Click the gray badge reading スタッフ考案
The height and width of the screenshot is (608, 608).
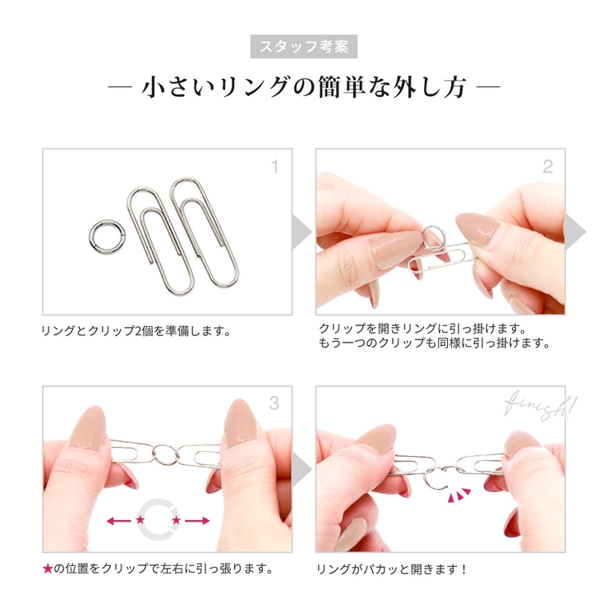pos(304,46)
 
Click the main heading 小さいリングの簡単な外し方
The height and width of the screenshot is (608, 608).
pos(304,87)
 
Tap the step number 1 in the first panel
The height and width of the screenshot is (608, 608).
pos(274,168)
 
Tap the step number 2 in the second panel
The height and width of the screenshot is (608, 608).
pos(547,168)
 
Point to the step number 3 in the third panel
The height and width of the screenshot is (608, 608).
pos(274,403)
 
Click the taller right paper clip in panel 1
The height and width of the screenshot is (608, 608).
pos(203,232)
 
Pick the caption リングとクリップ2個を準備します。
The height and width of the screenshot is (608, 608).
pos(136,332)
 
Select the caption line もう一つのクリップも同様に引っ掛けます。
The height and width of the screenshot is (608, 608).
pos(434,343)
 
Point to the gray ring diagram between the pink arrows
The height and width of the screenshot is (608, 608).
pos(159,520)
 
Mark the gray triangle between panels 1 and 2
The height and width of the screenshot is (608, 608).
pos(302,233)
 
